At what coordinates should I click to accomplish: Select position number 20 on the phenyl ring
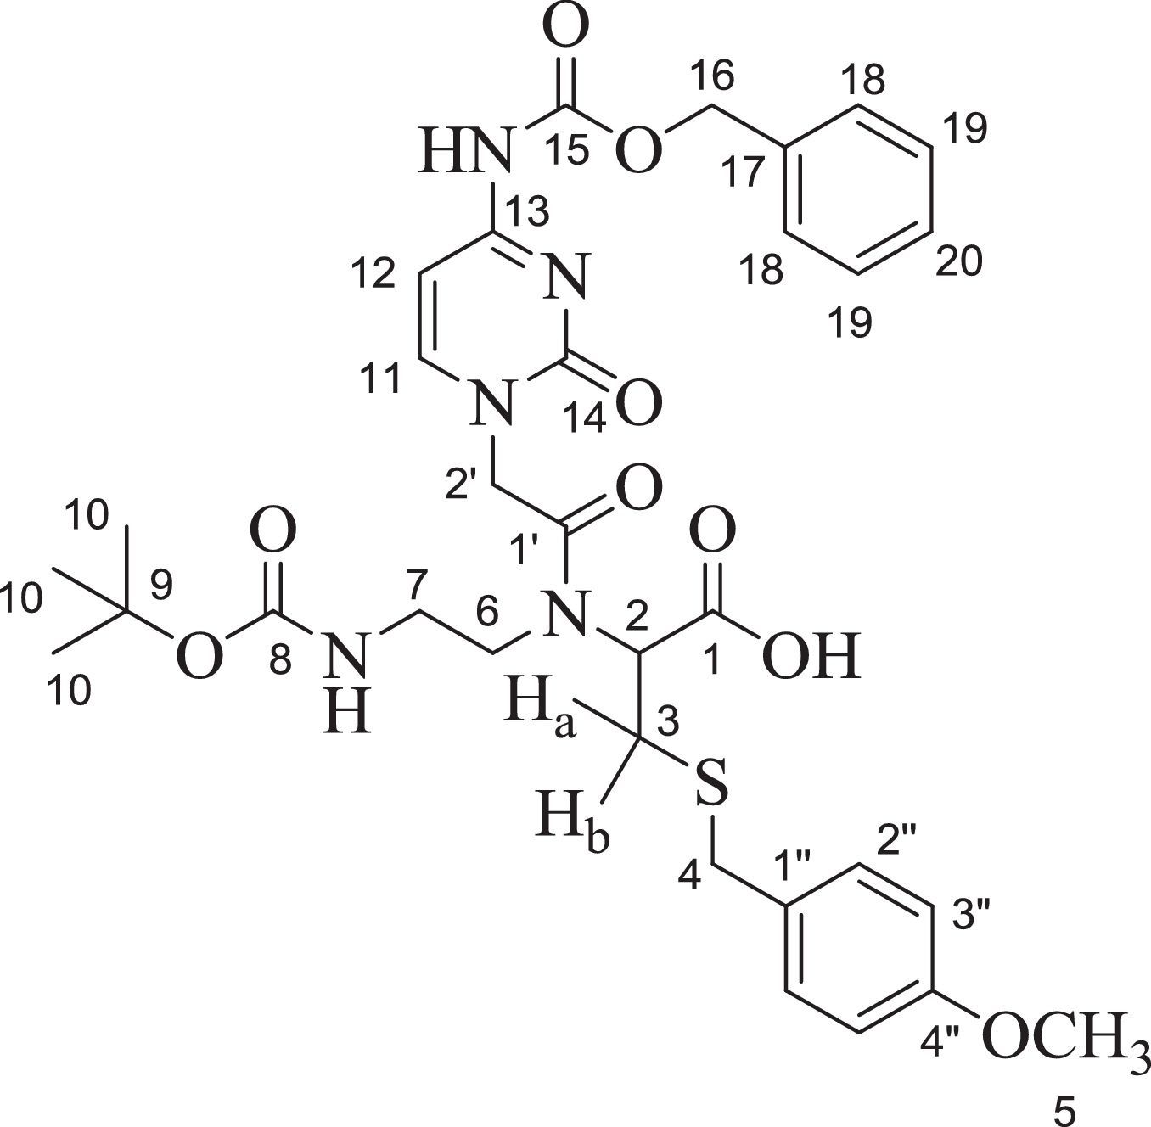(x=958, y=261)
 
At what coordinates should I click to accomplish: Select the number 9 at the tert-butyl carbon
(x=160, y=584)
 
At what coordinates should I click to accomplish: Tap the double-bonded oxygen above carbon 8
(x=273, y=532)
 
